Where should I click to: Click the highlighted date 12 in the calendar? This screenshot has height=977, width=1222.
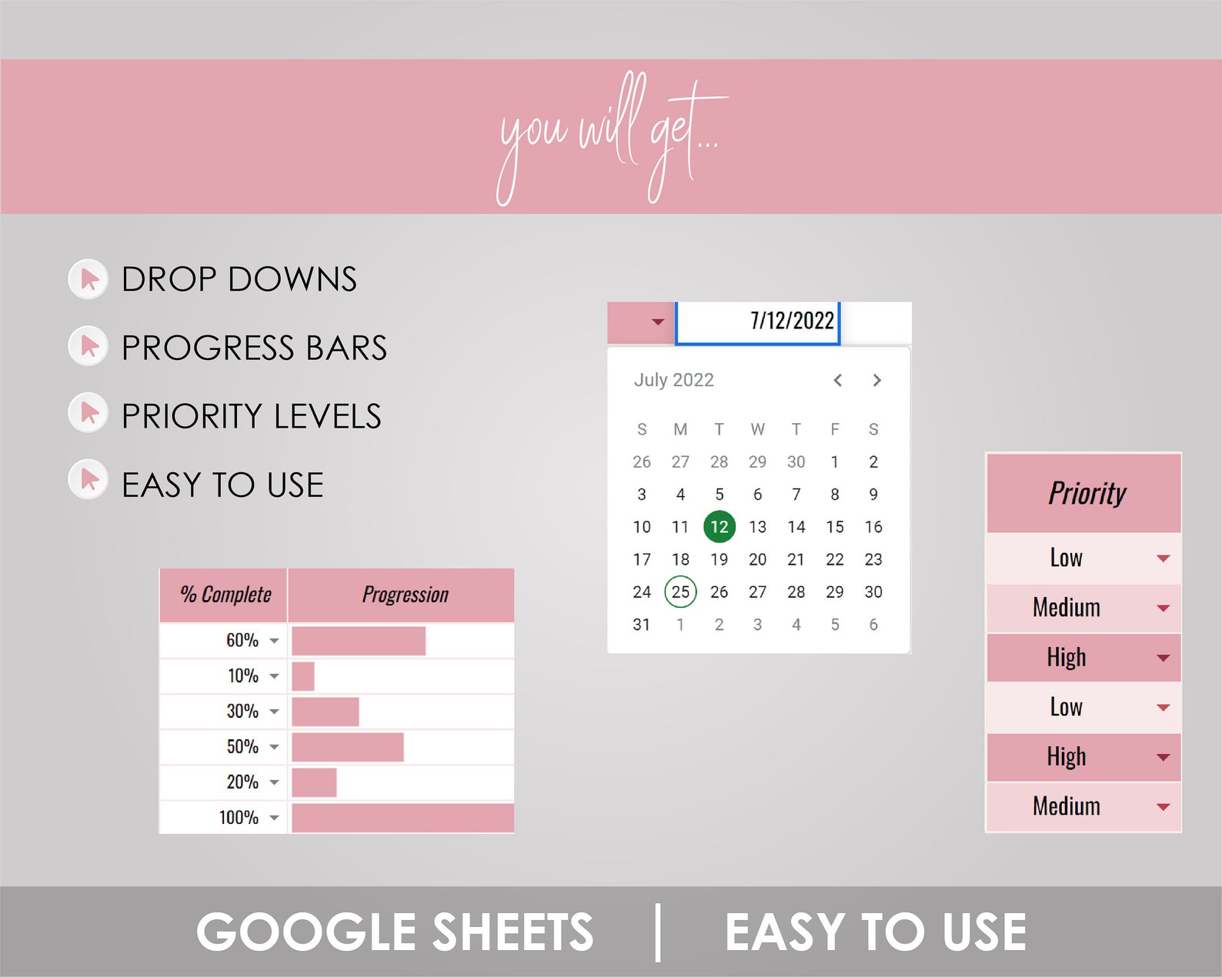[719, 527]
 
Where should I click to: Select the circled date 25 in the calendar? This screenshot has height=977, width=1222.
[680, 592]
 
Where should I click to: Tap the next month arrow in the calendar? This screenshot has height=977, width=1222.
[876, 380]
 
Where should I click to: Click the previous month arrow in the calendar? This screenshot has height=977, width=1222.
[838, 380]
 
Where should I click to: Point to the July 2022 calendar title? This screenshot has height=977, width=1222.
[673, 380]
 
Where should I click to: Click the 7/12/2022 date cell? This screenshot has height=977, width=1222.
[758, 322]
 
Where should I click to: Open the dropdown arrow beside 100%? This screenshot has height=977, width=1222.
[275, 818]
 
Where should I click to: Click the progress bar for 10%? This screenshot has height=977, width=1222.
[303, 676]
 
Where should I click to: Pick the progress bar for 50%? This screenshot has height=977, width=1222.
[347, 747]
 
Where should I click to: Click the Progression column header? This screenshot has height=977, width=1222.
[405, 595]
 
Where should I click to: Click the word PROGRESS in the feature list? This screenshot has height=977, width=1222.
[209, 348]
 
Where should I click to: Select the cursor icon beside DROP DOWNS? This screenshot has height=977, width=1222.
[88, 279]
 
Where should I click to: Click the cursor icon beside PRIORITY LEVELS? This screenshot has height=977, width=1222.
[88, 414]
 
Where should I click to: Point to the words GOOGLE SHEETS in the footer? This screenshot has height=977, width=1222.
[394, 932]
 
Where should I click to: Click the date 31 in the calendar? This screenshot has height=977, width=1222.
[641, 625]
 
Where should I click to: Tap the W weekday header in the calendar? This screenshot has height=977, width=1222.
[757, 429]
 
